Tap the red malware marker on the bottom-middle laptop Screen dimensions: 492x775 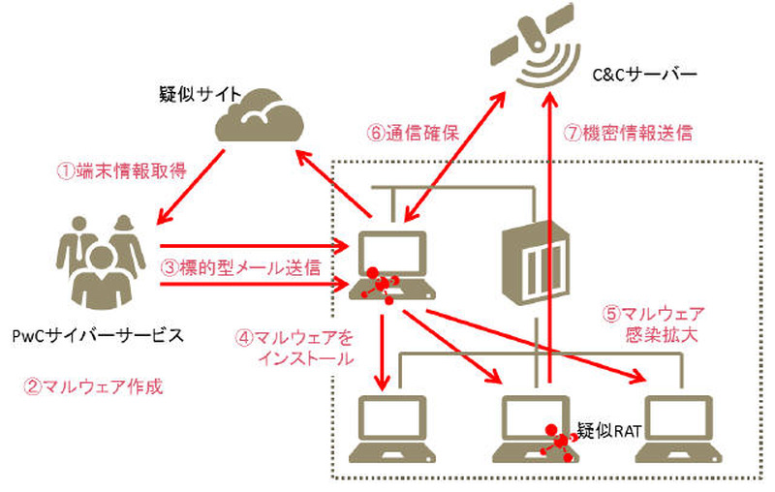[x=559, y=441]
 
